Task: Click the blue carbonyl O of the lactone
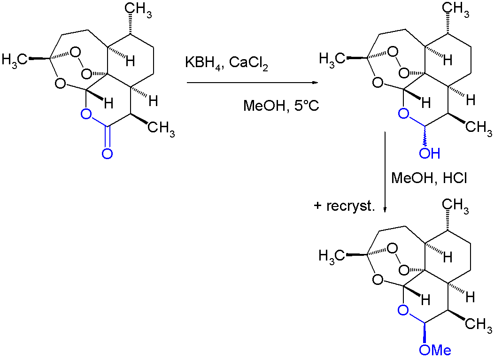point(107,153)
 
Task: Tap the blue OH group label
point(430,153)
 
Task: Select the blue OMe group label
point(434,350)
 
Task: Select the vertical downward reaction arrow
point(385,171)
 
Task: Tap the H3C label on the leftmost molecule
point(15,59)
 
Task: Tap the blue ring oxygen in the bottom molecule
point(402,309)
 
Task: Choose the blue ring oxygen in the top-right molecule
point(402,113)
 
